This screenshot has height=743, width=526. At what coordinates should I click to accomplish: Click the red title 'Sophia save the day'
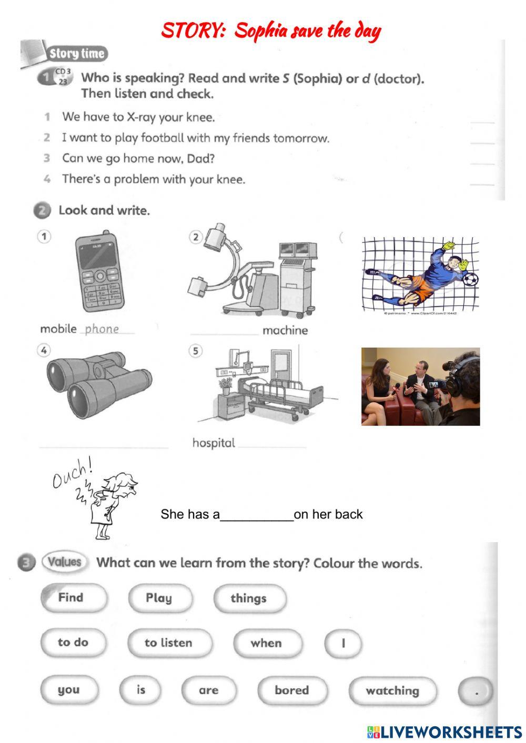(x=271, y=31)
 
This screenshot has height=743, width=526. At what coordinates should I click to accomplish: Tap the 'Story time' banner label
(x=77, y=54)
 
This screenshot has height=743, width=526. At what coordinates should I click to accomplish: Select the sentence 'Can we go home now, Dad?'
(x=138, y=158)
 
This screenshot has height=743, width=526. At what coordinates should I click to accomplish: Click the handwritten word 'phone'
(x=102, y=329)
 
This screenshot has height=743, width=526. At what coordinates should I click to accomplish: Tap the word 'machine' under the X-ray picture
(x=285, y=330)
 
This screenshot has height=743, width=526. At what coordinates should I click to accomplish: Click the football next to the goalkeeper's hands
(x=471, y=279)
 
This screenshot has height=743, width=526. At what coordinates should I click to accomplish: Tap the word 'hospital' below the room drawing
(x=214, y=443)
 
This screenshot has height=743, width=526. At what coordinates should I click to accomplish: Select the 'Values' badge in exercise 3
(x=64, y=562)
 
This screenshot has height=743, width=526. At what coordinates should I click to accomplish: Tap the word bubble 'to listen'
(x=169, y=643)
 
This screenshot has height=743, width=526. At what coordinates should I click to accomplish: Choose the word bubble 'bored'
(x=292, y=690)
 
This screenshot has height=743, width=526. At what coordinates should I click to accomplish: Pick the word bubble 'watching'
(x=392, y=690)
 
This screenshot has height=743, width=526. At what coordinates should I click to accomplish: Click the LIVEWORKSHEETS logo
(x=444, y=731)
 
